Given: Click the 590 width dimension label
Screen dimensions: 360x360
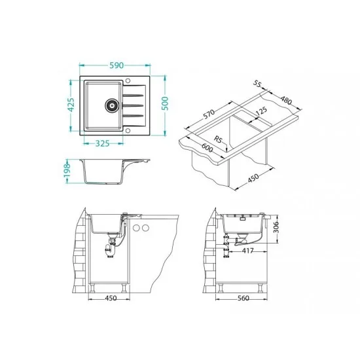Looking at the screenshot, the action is pos(117,65).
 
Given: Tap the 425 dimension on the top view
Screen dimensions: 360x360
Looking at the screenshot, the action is pos(71,105).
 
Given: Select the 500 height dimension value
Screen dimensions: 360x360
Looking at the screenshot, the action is pos(165,103).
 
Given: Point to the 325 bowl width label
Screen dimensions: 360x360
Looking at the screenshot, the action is pos(102,143).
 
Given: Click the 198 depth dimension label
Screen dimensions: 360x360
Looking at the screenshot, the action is pos(67,170).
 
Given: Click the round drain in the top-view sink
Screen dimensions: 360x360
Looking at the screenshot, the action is pos(112,105).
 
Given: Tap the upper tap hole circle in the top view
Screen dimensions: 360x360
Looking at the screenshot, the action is pos(128,81).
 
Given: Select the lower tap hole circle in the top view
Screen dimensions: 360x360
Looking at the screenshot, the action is pos(128,131).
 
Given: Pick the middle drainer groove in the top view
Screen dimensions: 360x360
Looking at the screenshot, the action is pos(133,105).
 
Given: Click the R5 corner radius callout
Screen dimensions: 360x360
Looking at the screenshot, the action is pos(219,139).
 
